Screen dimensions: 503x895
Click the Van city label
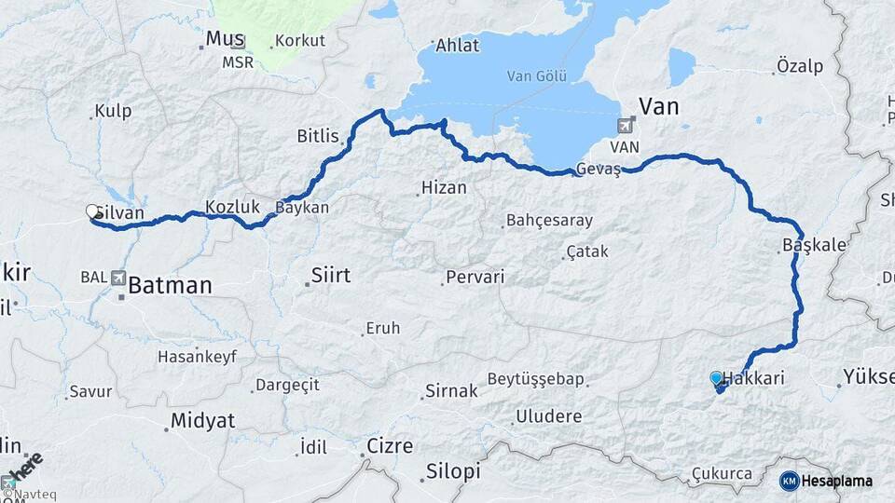click(658, 105)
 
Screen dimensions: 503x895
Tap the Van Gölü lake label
click(536, 76)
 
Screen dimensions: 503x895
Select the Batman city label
click(170, 285)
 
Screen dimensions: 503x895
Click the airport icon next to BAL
click(118, 277)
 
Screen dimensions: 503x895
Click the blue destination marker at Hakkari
click(716, 378)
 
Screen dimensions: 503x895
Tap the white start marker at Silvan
click(92, 211)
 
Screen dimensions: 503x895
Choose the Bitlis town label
click(318, 136)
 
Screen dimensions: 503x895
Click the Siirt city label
click(330, 275)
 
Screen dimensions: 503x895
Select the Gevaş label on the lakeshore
click(599, 169)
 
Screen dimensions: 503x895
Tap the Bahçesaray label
click(548, 221)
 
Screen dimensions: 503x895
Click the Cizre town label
click(390, 446)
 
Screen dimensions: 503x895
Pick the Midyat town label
click(202, 420)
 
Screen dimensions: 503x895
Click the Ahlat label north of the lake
click(457, 46)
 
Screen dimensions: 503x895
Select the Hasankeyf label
click(198, 356)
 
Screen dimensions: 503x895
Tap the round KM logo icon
click(789, 481)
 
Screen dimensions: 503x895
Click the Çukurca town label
click(722, 474)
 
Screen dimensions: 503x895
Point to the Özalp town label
click(799, 66)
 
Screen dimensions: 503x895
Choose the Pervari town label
click(475, 277)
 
